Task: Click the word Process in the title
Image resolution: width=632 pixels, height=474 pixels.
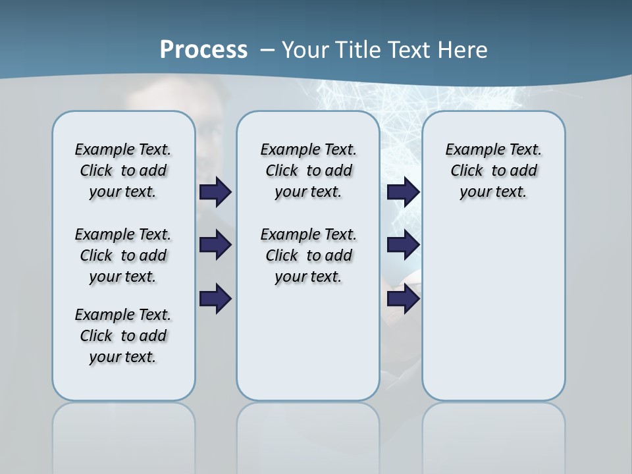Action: point(203,50)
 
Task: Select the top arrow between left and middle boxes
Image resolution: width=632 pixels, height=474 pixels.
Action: point(215,192)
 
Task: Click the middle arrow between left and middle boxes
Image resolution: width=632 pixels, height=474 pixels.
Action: point(215,245)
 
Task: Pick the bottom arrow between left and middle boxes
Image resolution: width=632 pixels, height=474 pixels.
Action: point(215,299)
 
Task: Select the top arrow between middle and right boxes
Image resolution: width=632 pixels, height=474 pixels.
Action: point(403,192)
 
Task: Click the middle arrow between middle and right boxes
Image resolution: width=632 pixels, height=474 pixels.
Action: point(403,245)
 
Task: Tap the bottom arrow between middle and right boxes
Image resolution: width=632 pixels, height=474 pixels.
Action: point(403,299)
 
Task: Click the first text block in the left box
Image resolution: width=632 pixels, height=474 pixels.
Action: point(123,171)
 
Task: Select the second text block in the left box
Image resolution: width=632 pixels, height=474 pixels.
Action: point(123,255)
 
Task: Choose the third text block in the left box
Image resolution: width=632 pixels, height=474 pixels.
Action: point(123,336)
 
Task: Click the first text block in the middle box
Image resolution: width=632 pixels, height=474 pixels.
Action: point(308,171)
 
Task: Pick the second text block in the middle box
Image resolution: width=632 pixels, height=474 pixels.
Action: point(308,255)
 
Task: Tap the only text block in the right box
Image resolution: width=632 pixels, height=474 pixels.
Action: point(493,171)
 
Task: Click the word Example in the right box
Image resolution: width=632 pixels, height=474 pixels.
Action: point(469,150)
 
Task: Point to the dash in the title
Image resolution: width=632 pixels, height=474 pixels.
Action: point(267,50)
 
